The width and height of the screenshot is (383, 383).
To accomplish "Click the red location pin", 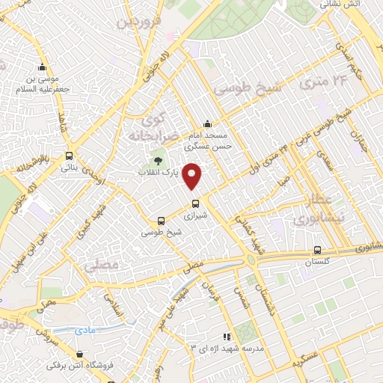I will tap(193, 176).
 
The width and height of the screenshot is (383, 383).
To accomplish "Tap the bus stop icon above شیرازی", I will tap(195, 203).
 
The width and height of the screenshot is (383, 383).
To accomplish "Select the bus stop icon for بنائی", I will tap(70, 156).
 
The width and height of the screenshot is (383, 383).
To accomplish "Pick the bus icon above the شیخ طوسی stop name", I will tap(161, 221).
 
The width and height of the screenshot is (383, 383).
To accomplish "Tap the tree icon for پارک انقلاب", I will tap(157, 160).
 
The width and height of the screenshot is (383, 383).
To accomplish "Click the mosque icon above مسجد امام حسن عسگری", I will tap(207, 124).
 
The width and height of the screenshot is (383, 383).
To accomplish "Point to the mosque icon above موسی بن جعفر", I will tap(41, 67).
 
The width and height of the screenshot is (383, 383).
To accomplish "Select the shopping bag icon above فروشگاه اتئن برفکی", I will tap(79, 354).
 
